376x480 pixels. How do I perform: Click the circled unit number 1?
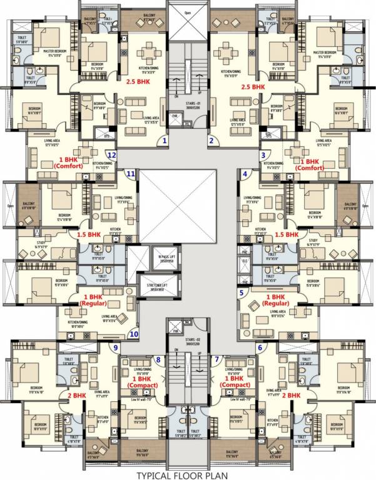(165, 141)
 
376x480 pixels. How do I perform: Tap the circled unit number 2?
(211, 141)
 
